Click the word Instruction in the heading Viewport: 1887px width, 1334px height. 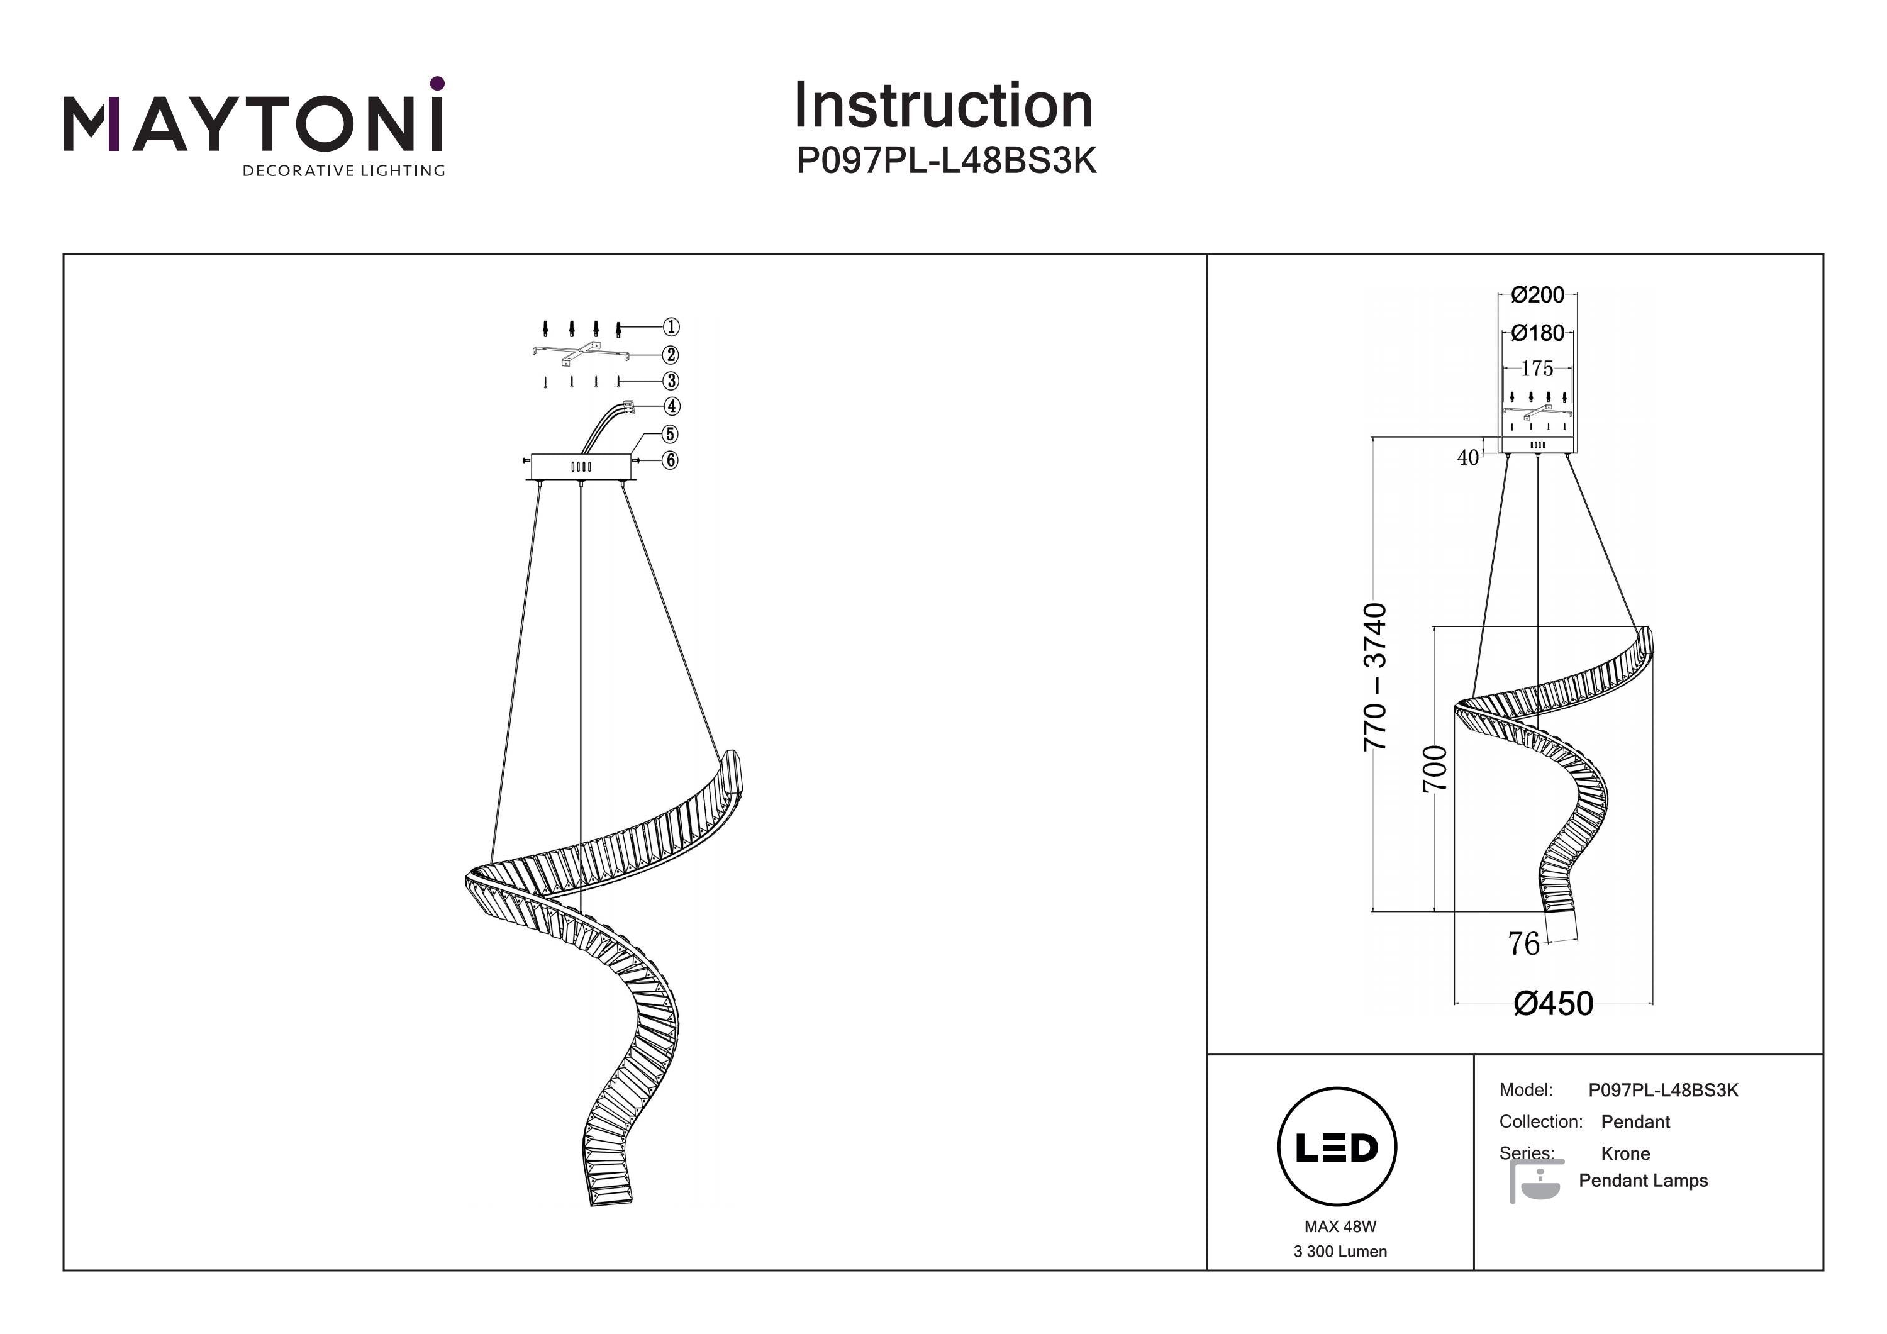tap(943, 106)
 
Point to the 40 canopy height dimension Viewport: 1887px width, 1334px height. tap(1468, 458)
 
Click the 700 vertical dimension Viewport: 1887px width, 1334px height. tap(1435, 768)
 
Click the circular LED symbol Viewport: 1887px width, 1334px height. tap(1337, 1147)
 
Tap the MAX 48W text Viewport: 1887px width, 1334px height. tap(1340, 1226)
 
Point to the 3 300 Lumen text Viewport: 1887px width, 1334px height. tap(1340, 1252)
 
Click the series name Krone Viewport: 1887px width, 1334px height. tap(1625, 1153)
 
